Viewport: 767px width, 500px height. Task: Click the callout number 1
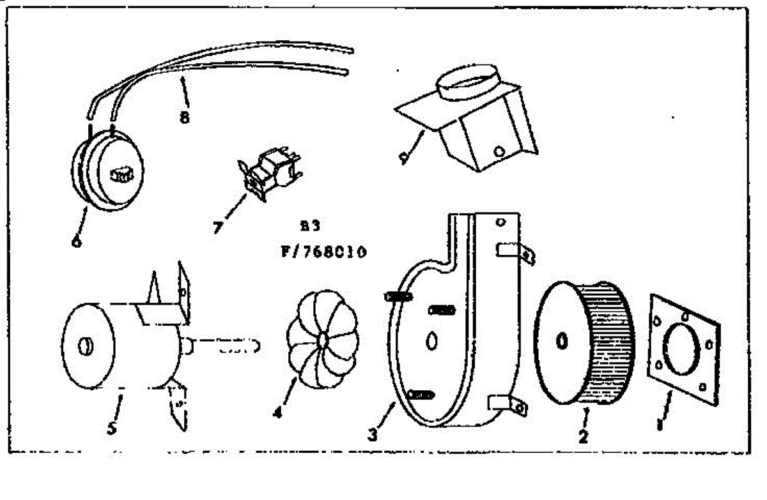pyautogui.click(x=659, y=423)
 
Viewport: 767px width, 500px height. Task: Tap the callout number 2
pyautogui.click(x=583, y=436)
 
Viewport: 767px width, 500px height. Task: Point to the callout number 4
pyautogui.click(x=277, y=413)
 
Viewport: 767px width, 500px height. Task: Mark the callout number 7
pyautogui.click(x=218, y=227)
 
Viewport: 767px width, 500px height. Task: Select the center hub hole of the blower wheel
pyautogui.click(x=561, y=342)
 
